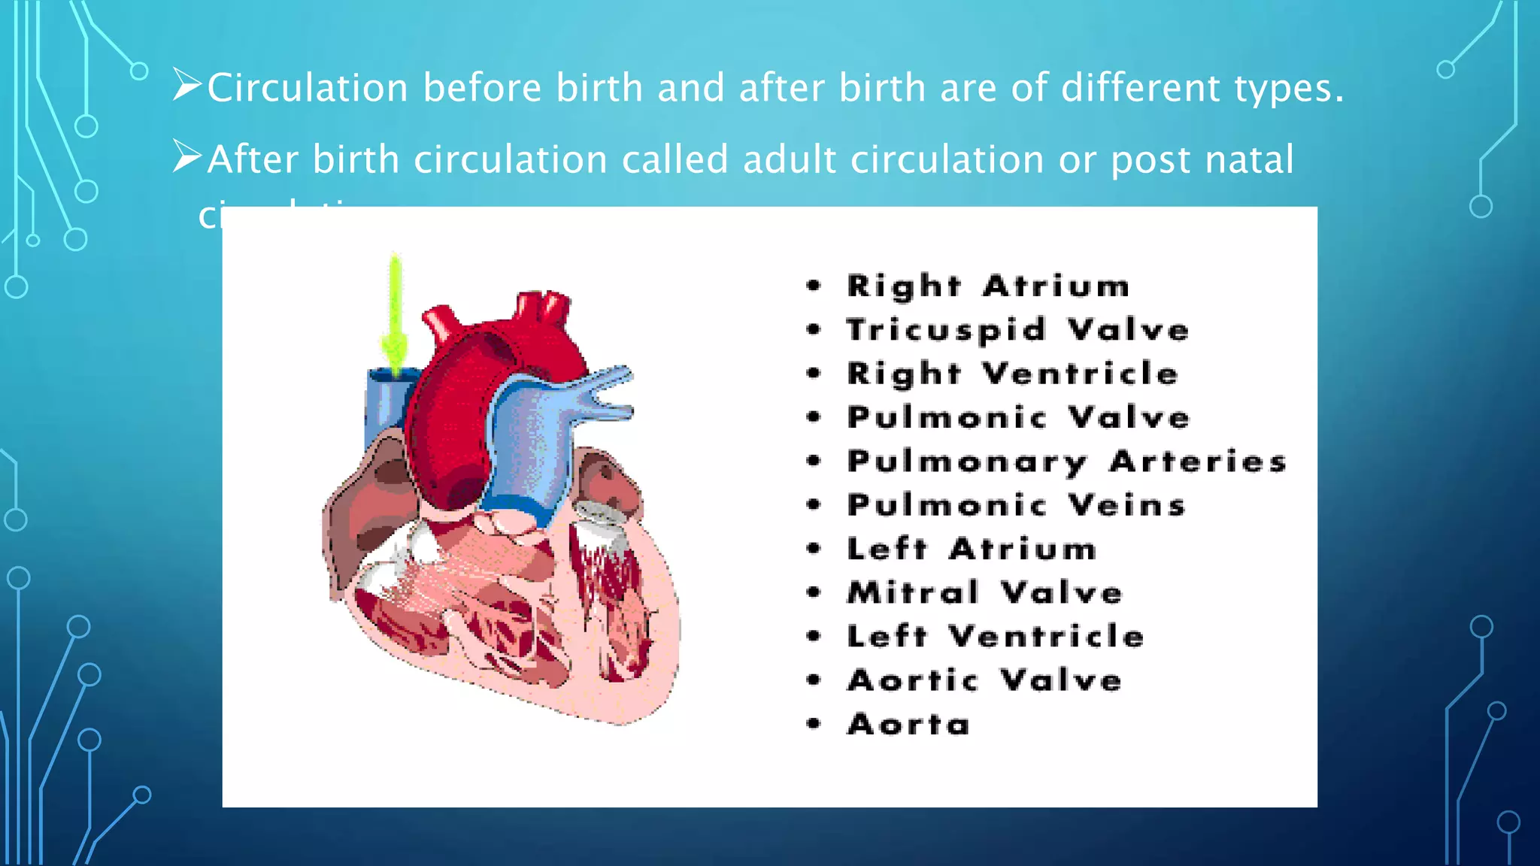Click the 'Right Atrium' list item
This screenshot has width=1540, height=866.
(987, 286)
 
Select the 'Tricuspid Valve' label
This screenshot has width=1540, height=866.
(1017, 330)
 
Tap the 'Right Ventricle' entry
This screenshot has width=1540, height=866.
(1012, 374)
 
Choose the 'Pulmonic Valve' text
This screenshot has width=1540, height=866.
(1018, 417)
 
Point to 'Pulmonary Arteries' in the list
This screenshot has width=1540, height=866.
(1066, 462)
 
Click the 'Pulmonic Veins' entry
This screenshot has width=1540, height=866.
(1016, 505)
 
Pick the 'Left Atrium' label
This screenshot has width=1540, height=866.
(972, 549)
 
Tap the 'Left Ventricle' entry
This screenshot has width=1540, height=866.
(995, 637)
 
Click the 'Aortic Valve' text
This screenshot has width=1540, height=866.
(984, 680)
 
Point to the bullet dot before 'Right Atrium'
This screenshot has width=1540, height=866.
(814, 286)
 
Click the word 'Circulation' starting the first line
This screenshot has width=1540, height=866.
(308, 88)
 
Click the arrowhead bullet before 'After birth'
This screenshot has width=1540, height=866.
(186, 156)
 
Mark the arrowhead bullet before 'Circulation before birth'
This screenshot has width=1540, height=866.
(186, 84)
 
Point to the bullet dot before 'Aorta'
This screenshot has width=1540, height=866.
(814, 724)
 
